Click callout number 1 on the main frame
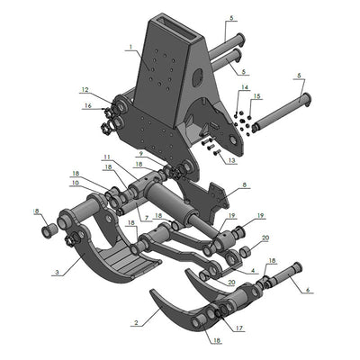[x=130, y=47]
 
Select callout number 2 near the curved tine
[x=136, y=321]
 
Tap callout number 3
[x=56, y=271]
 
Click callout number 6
[x=306, y=290]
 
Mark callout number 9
[x=141, y=154]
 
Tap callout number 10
[x=75, y=182]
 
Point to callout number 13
[x=232, y=160]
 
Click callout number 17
[x=238, y=328]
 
